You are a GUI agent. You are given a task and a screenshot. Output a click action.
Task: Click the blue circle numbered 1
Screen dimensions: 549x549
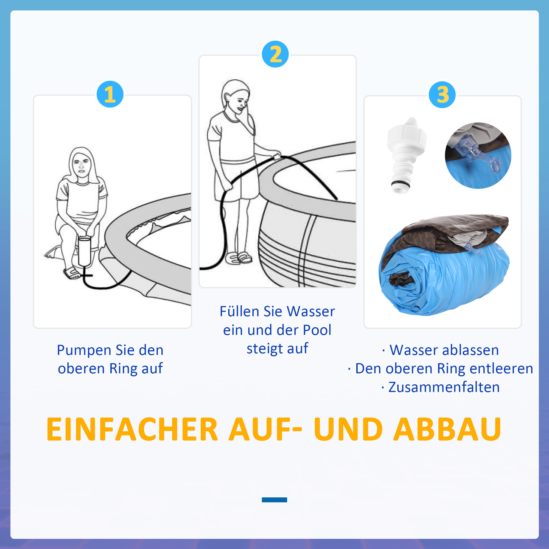coord(110,94)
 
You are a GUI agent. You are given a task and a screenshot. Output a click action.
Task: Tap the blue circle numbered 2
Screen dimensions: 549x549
coord(275,54)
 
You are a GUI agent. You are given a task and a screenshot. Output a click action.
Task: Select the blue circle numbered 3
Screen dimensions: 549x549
coord(442,95)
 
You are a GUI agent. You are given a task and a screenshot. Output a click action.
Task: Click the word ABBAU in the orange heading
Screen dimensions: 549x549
coord(447,429)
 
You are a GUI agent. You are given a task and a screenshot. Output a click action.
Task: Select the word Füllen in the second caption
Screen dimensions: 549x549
coord(239,312)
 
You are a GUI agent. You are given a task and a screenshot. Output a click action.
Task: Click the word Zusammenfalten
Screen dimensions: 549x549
coord(444,387)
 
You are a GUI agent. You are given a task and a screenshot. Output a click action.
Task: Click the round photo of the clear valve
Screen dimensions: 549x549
coord(478,155)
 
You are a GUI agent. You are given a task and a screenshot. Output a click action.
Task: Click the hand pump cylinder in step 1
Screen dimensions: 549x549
coord(84,251)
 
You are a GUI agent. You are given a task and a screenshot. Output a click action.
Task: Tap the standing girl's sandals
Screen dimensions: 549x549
coord(239,257)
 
